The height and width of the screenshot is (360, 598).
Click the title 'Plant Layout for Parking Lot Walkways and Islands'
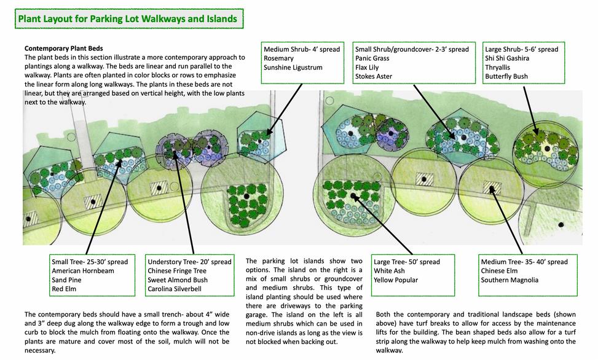[128, 19]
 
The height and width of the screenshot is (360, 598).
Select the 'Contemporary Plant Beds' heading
[63, 48]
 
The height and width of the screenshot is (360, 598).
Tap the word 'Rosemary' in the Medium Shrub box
[278, 58]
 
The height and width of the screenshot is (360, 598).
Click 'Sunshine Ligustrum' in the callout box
[293, 68]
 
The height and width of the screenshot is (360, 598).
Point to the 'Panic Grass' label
[372, 58]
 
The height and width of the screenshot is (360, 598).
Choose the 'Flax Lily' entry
[369, 68]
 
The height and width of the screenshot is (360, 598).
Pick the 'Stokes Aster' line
[373, 77]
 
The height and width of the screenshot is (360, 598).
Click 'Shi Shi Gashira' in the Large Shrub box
[509, 58]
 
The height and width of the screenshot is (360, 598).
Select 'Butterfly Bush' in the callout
[506, 77]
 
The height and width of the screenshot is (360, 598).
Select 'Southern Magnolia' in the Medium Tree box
[509, 280]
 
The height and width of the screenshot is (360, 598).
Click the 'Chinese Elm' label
[501, 271]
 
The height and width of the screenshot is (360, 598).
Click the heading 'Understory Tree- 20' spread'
[189, 262]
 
